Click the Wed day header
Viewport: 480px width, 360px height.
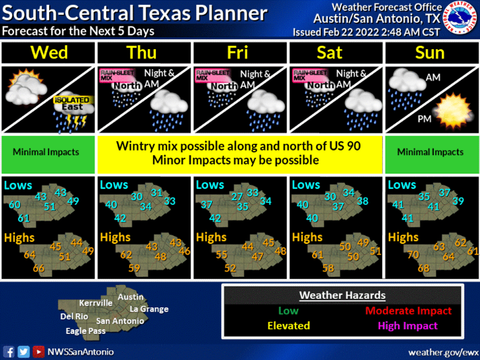48,53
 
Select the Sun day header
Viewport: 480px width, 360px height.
430,53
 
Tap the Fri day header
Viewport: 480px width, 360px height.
237,53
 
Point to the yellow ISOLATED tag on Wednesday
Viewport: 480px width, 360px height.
72,100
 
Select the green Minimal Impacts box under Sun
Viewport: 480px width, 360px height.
430,152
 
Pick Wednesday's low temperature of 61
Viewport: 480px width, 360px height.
24,218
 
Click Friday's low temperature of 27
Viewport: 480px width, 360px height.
237,197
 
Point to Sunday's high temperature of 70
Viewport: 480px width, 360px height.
413,254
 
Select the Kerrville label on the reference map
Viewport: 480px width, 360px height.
96,303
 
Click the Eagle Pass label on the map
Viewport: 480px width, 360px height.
85,331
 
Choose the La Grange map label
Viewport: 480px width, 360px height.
149,309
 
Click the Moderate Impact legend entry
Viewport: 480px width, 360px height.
408,311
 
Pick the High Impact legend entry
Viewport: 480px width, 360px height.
408,325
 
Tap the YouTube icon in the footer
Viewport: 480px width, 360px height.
39,352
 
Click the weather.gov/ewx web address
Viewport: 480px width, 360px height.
443,352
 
